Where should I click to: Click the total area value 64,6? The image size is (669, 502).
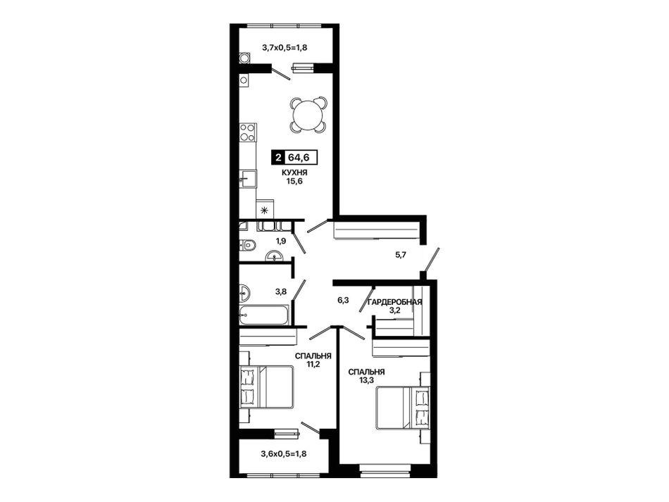(x=299, y=158)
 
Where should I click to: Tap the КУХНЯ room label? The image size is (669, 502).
(x=294, y=172)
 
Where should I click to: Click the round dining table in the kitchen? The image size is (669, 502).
(x=308, y=114)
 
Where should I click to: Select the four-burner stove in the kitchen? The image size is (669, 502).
(x=247, y=132)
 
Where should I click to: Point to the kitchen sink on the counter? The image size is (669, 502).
(x=248, y=179)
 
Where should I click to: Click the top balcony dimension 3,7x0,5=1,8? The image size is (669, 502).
(x=285, y=47)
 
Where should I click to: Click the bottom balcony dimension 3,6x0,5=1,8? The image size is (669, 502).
(x=283, y=454)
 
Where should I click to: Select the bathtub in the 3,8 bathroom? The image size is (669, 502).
(x=263, y=315)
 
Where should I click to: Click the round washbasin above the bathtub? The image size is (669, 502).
(x=244, y=293)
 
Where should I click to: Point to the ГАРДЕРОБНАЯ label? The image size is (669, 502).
(x=395, y=302)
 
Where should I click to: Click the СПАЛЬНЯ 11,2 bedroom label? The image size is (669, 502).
(x=313, y=360)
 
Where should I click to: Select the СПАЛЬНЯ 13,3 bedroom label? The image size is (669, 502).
(x=366, y=376)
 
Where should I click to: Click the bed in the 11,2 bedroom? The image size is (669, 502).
(x=266, y=387)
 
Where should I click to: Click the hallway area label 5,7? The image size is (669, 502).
(x=401, y=255)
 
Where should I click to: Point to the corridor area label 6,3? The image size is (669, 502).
(x=343, y=300)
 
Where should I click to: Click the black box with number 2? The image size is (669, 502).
(x=279, y=158)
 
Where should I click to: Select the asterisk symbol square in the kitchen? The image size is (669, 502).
(x=265, y=209)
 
